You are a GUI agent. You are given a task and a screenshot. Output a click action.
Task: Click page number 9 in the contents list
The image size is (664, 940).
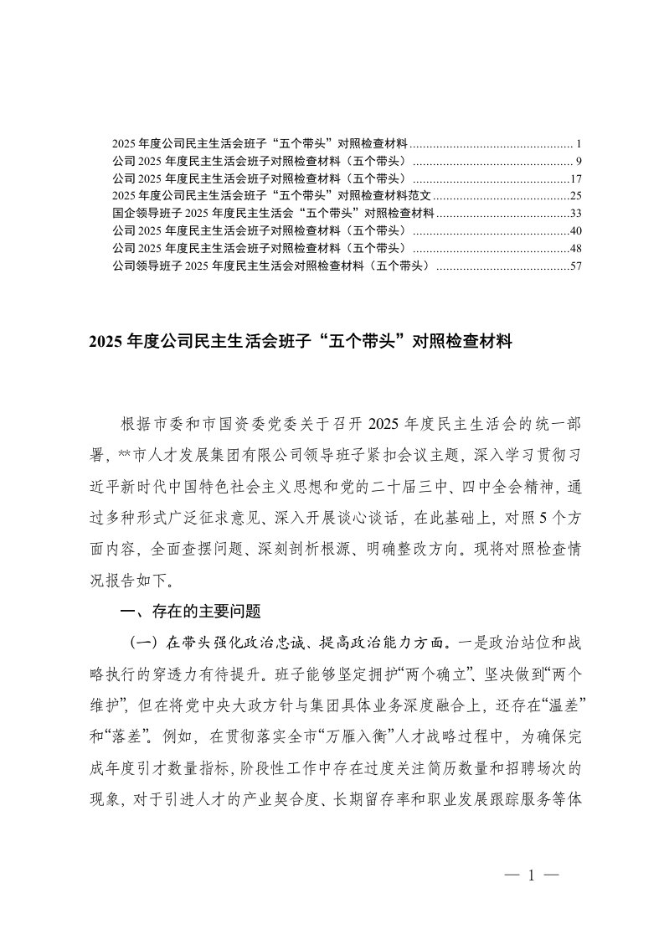(568, 160)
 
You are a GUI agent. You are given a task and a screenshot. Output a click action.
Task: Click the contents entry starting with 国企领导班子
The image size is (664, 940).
(272, 213)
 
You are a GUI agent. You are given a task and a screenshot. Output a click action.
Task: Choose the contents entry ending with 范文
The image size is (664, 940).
(272, 195)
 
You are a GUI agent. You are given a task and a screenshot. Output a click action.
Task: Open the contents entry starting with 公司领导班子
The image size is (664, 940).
(271, 266)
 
